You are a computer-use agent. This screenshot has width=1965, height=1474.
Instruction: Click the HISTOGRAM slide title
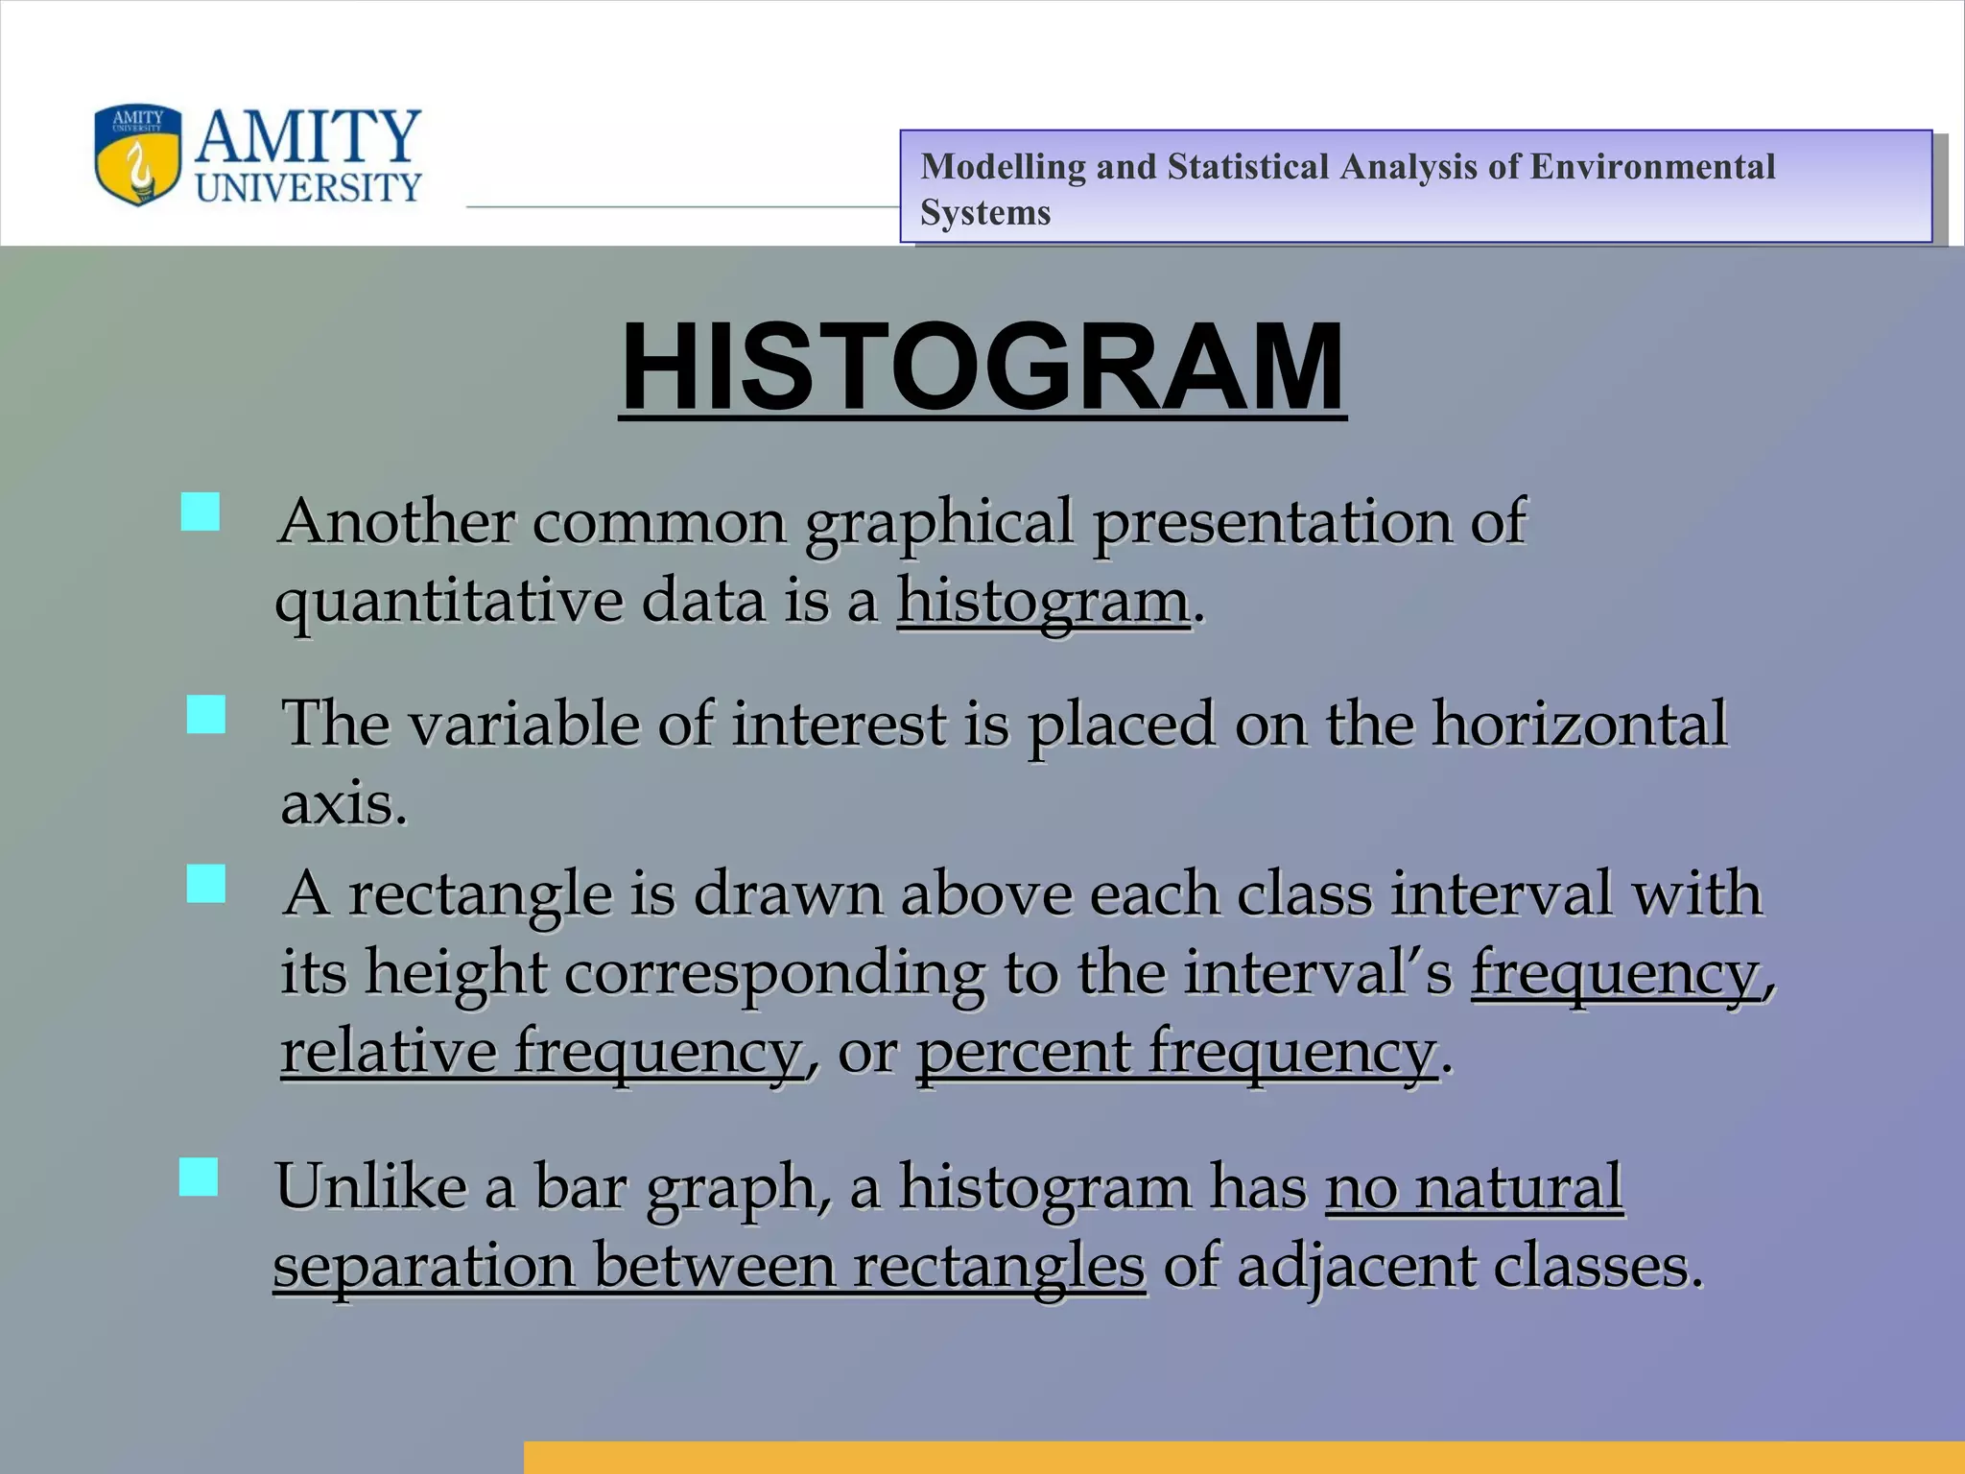[x=982, y=368]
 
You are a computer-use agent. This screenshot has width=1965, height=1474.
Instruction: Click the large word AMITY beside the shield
[x=308, y=135]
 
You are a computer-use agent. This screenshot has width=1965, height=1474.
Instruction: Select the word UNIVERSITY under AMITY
[x=308, y=188]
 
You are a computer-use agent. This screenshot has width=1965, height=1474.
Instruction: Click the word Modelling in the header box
[x=1003, y=167]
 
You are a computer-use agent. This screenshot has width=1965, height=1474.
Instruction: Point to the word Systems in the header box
[x=985, y=213]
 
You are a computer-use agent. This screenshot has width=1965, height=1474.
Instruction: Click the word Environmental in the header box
[x=1651, y=167]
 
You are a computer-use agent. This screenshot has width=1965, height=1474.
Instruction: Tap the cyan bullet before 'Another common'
[x=201, y=512]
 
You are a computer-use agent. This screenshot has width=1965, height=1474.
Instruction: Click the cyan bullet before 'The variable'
[x=206, y=715]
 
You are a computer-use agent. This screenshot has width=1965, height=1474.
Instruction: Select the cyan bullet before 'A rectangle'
[x=206, y=884]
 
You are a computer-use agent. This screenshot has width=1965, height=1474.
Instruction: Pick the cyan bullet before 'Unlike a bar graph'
[x=199, y=1177]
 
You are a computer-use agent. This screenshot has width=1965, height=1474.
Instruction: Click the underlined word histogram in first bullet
[x=1043, y=603]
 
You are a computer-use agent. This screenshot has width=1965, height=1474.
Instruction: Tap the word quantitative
[x=448, y=603]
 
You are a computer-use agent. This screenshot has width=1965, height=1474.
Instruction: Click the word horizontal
[x=1579, y=725]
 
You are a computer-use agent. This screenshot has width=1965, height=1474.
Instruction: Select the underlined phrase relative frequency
[x=541, y=1052]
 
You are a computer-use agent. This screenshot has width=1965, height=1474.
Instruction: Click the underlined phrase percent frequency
[x=1176, y=1052]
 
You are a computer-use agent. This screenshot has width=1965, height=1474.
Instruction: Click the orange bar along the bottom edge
[x=1243, y=1457]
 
